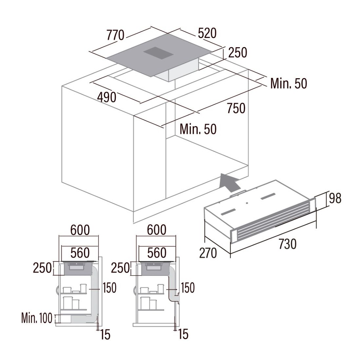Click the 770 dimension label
(x=116, y=35)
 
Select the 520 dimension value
(x=207, y=33)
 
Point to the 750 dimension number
(x=236, y=108)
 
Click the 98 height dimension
(x=335, y=198)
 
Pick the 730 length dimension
(x=287, y=244)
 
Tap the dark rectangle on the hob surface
(x=158, y=53)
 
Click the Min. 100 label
(x=37, y=318)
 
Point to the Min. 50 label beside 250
(x=289, y=83)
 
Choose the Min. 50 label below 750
(x=198, y=129)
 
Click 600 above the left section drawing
(x=80, y=230)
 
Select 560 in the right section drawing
(x=157, y=253)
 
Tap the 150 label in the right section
(x=188, y=288)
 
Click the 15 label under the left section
(x=105, y=334)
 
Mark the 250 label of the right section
(x=120, y=268)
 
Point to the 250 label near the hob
(x=238, y=52)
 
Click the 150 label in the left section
(x=110, y=288)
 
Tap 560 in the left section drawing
(x=80, y=253)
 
